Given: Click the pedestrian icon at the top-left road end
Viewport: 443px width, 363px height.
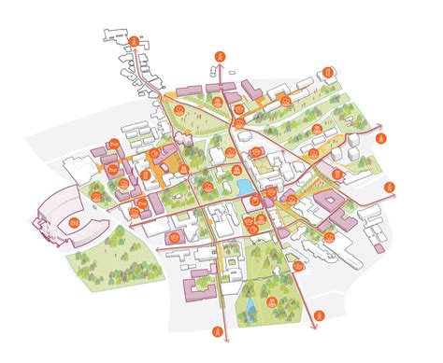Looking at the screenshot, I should click(x=136, y=42).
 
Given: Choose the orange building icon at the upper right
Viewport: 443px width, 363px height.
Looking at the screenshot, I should click(x=329, y=72).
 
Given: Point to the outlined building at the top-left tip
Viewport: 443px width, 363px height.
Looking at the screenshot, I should click(x=116, y=35).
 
